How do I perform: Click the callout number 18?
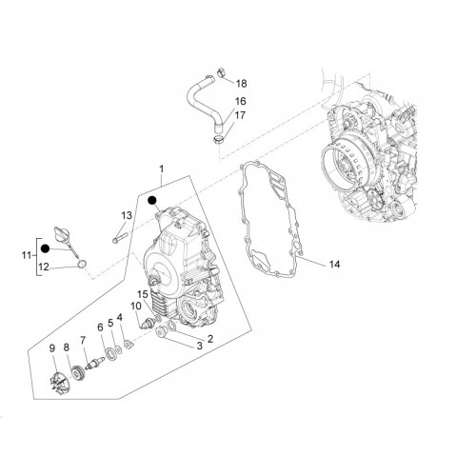pos(241,84)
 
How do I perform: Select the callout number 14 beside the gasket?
pos(334,264)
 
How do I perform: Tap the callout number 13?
pos(127,216)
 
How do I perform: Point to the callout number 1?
pos(162,169)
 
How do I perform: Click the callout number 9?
pos(52,348)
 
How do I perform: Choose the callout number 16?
pos(240,101)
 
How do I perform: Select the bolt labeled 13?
pos(120,237)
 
